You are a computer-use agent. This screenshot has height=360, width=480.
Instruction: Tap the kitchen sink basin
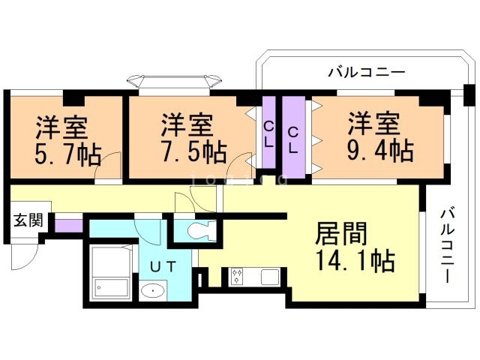point(269,277)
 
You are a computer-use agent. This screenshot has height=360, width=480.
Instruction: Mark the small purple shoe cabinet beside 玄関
point(68,223)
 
